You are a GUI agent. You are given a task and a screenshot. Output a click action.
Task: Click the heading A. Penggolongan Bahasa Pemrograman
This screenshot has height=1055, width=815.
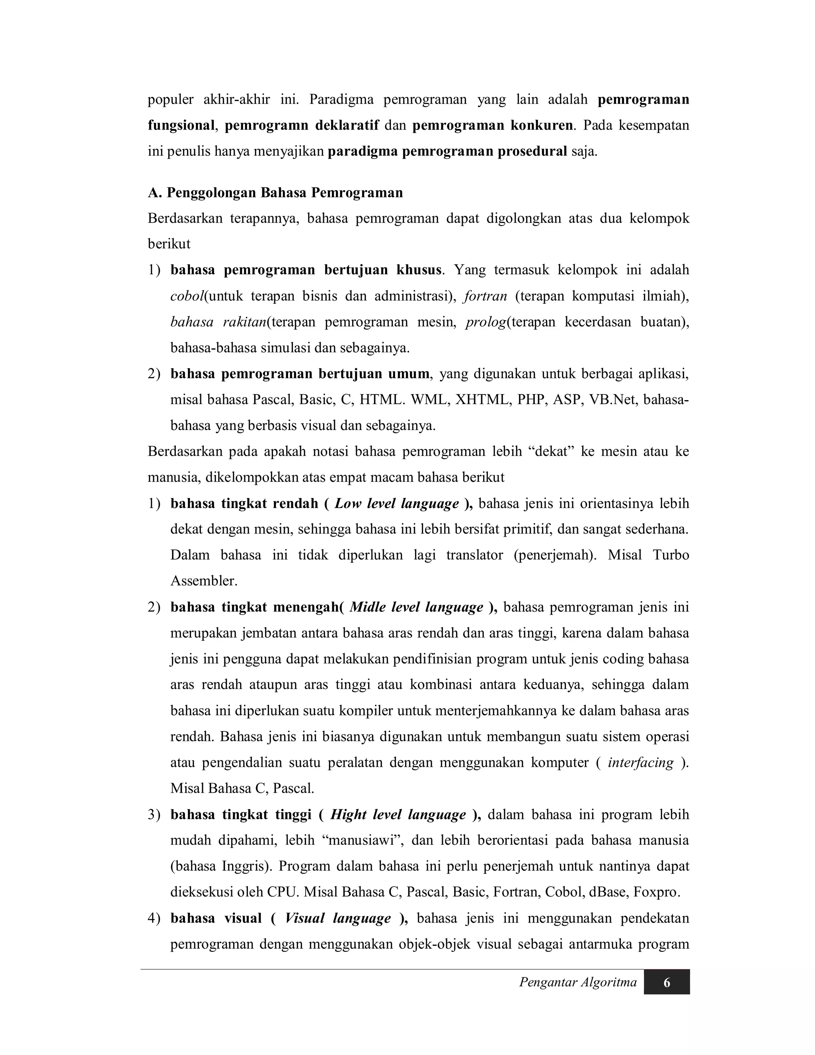tap(275, 193)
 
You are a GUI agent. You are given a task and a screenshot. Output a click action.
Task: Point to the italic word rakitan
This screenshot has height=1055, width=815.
tap(244, 322)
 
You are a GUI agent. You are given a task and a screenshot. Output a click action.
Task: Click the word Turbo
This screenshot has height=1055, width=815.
tap(671, 555)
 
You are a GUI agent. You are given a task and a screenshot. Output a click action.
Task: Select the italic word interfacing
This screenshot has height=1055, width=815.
tap(641, 763)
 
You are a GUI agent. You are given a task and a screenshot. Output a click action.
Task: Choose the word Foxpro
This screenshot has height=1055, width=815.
tap(656, 892)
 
